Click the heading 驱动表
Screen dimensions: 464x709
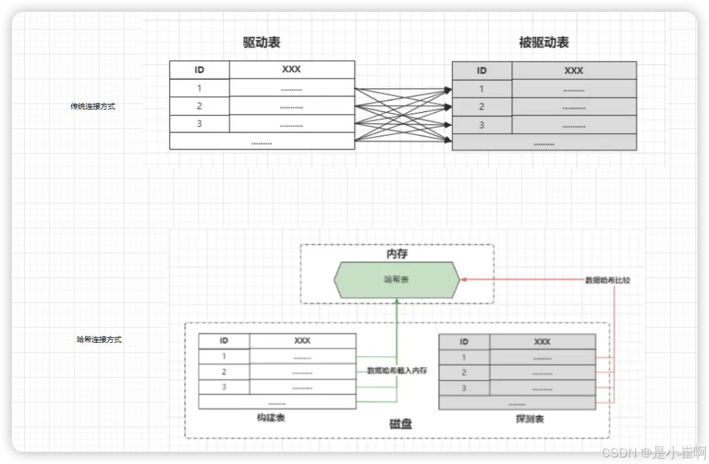pyautogui.click(x=262, y=43)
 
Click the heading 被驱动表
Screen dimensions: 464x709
pyautogui.click(x=543, y=43)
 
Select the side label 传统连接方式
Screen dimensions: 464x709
pyautogui.click(x=93, y=106)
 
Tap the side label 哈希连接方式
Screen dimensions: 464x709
pyautogui.click(x=99, y=339)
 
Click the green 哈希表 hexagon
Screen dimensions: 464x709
pyautogui.click(x=396, y=279)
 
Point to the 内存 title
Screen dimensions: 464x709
pyautogui.click(x=397, y=254)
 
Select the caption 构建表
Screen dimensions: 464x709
pyautogui.click(x=271, y=417)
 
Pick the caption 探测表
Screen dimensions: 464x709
pyautogui.click(x=530, y=419)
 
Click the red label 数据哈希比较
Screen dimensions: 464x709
pyautogui.click(x=608, y=280)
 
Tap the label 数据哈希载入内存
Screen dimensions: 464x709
pyautogui.click(x=397, y=370)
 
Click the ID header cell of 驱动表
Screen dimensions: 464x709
pyautogui.click(x=200, y=69)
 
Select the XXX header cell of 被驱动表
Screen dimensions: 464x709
pyautogui.click(x=573, y=71)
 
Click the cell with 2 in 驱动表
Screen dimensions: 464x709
pyautogui.click(x=200, y=106)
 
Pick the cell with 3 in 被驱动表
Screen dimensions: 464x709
pyautogui.click(x=482, y=125)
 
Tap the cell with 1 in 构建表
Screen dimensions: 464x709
pyautogui.click(x=224, y=357)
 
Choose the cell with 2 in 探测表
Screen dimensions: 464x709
pyautogui.click(x=464, y=373)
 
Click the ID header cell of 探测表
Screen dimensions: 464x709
pyautogui.click(x=464, y=341)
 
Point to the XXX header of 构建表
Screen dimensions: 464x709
pyautogui.click(x=302, y=341)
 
